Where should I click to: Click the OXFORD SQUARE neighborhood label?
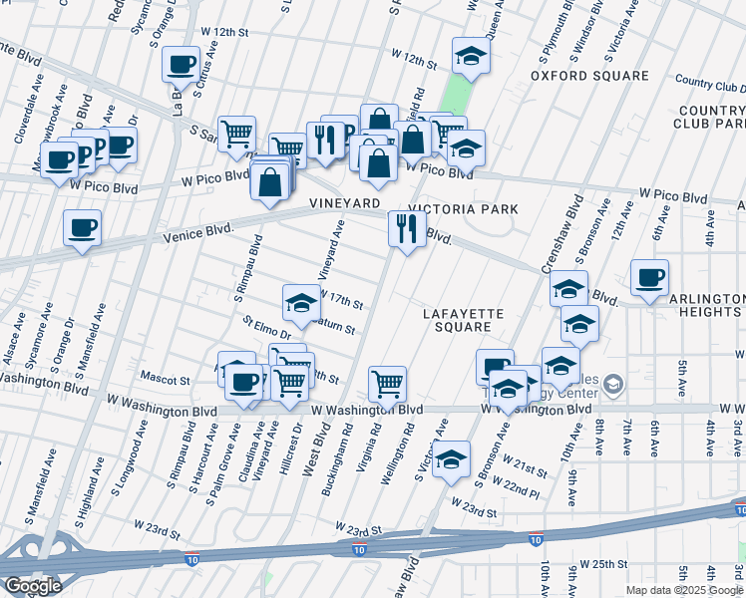[x=589, y=75]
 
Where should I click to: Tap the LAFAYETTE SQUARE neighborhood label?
[x=463, y=320]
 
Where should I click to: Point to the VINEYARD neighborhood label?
[x=345, y=203]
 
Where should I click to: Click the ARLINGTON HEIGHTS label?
[x=705, y=305]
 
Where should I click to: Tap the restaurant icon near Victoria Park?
[x=407, y=229]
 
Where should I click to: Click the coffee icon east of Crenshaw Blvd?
[x=649, y=277]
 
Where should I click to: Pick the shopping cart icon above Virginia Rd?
[x=386, y=383]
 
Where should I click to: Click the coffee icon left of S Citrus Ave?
[x=181, y=65]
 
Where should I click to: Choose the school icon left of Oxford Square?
[x=471, y=56]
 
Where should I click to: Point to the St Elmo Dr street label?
[x=266, y=326]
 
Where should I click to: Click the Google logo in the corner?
[x=33, y=586]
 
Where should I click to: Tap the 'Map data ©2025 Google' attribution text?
[x=684, y=590]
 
